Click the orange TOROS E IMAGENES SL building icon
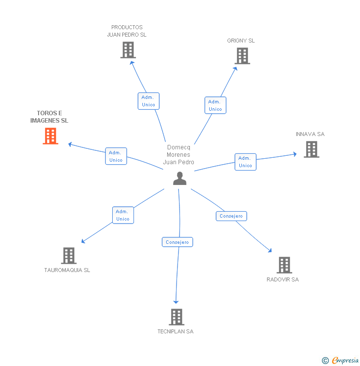(x=50, y=136)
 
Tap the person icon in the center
(x=180, y=179)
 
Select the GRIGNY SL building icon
(x=242, y=56)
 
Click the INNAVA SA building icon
(x=312, y=149)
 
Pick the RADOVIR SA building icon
(x=284, y=265)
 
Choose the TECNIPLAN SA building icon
(x=176, y=317)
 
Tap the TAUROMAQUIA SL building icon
(x=69, y=256)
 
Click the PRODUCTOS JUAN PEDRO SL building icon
(x=128, y=50)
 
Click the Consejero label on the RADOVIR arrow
(x=231, y=216)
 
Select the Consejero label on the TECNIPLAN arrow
(x=178, y=242)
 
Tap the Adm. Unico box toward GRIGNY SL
(x=215, y=105)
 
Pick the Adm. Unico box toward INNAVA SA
(x=245, y=162)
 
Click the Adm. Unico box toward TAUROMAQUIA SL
(x=123, y=215)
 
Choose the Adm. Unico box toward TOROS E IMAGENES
(x=116, y=156)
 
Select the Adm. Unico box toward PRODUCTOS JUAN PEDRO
(x=148, y=101)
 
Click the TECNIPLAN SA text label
(x=176, y=331)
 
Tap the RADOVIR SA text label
(x=283, y=279)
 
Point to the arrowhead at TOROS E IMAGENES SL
(x=70, y=144)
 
